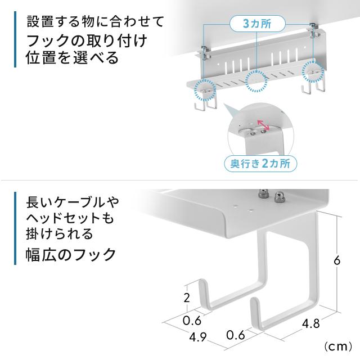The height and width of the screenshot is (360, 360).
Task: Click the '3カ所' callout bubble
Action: (258, 24)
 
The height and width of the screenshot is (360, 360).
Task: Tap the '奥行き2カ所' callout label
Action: (260, 164)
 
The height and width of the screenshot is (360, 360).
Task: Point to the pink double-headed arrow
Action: (263, 125)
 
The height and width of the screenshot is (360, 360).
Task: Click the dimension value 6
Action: (337, 260)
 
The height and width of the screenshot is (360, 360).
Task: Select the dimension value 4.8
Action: (311, 324)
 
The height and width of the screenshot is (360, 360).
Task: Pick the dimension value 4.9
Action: (198, 337)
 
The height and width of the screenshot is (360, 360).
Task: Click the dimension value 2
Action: (187, 298)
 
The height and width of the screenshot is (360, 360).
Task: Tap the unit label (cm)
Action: (338, 346)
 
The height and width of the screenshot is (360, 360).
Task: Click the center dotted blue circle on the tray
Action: (256, 81)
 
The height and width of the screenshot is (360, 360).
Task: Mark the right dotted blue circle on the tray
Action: (313, 71)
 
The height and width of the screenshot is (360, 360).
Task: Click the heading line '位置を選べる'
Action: (72, 57)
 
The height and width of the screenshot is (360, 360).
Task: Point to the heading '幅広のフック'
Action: (71, 254)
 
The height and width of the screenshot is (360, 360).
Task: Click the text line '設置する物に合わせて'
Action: (96, 21)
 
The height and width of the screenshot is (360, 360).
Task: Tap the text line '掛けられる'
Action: (60, 234)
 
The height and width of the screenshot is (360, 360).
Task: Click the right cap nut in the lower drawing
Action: (279, 197)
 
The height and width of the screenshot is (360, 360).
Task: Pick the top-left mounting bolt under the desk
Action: (204, 52)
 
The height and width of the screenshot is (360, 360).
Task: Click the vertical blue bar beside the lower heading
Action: (15, 228)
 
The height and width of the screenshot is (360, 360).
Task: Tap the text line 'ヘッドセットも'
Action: (70, 218)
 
